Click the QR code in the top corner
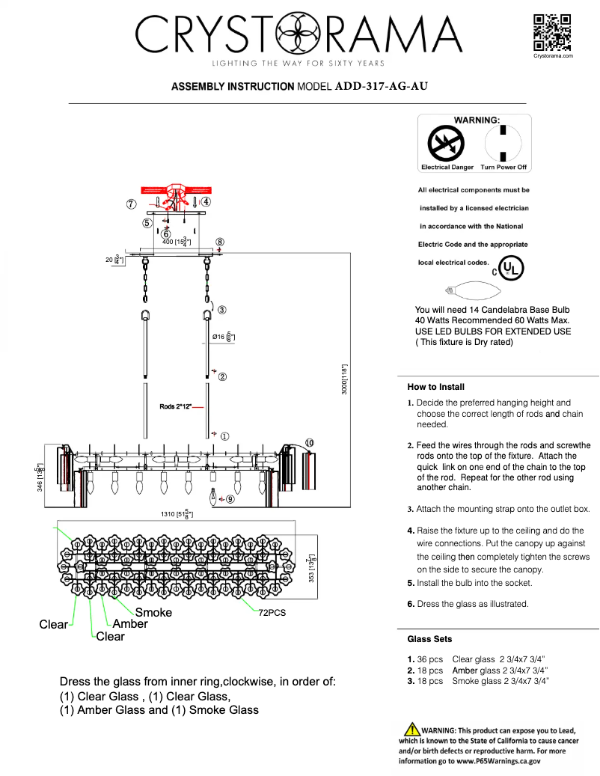552,32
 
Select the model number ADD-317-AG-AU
382,86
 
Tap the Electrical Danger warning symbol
446,143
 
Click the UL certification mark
511,268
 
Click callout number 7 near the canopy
131,204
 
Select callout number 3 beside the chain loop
222,309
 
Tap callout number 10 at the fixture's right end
310,442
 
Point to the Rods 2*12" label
176,406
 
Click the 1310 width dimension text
177,514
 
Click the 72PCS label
272,612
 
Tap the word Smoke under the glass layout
153,612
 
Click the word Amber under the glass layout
130,623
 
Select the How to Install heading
435,387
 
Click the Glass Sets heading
429,639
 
